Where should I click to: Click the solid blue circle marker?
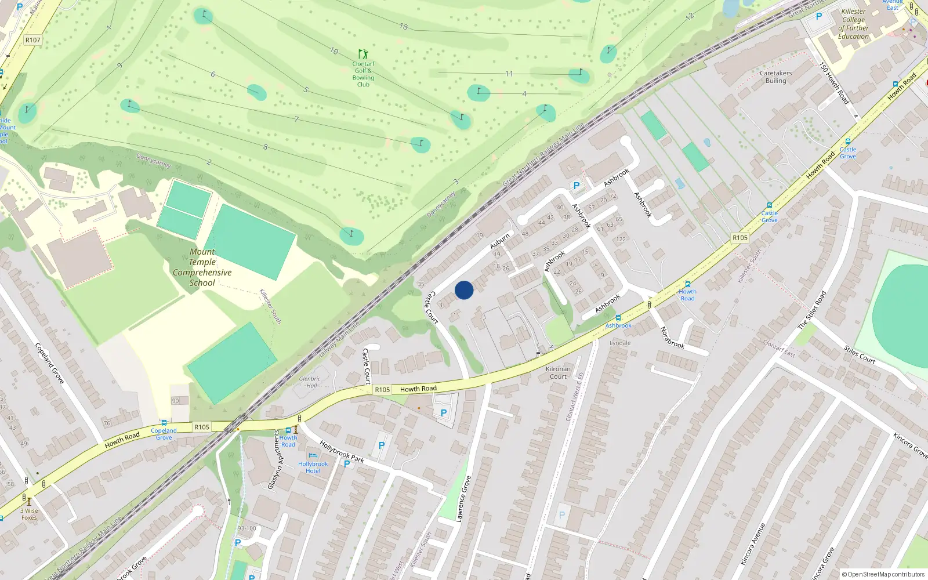point(464,290)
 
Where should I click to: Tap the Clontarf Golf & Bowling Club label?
point(363,74)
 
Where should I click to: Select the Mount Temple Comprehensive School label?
point(202,267)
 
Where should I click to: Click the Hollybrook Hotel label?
point(313,467)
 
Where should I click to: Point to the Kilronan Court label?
point(558,372)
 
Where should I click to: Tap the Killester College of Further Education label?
point(853,24)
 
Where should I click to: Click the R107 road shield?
point(33,40)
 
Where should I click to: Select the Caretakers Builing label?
point(775,77)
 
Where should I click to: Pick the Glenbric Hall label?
point(310,382)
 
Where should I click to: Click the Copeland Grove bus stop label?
point(164,434)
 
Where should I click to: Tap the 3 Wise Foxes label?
point(29,514)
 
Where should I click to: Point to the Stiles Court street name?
point(860,354)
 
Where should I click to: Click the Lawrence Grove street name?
point(463,499)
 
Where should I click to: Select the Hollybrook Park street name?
point(342,452)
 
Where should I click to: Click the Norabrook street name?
point(672,337)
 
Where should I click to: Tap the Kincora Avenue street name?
point(753,543)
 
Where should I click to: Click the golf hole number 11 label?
point(509,74)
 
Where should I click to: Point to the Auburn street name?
point(500,240)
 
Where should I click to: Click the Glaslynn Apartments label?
point(274,459)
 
